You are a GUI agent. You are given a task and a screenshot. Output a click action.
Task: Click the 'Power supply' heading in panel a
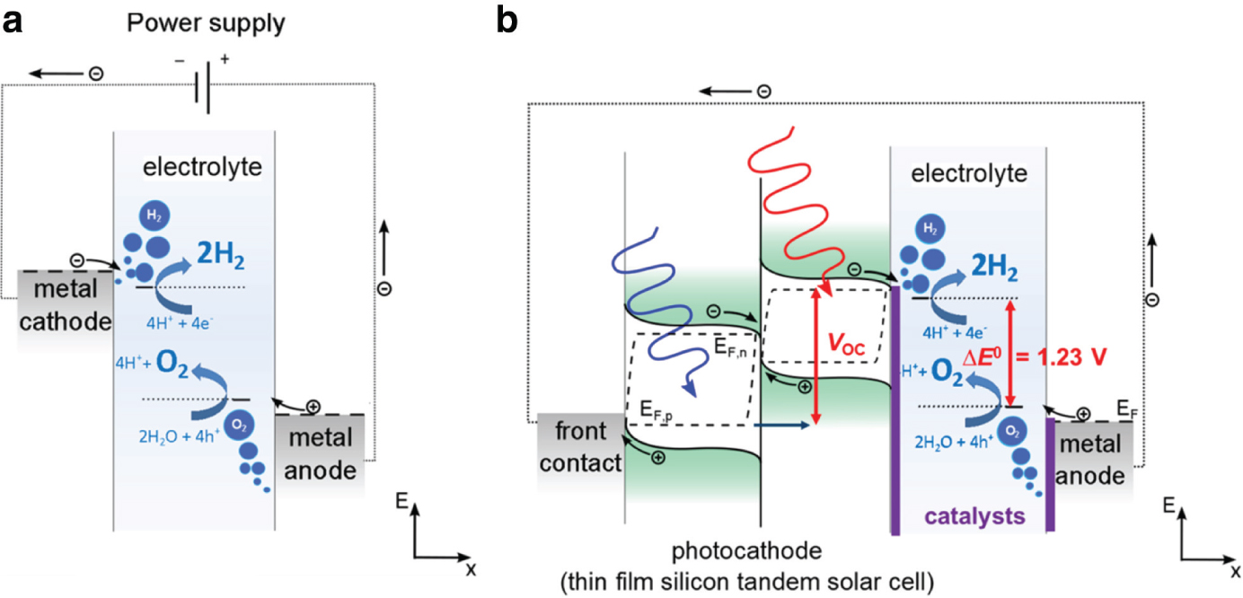tap(206, 24)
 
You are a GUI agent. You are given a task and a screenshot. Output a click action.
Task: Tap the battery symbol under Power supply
tap(203, 88)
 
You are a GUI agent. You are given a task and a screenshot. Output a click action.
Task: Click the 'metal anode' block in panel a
tap(321, 453)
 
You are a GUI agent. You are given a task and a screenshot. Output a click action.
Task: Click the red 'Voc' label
tap(846, 344)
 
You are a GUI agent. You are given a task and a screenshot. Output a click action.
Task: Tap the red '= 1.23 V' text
tap(1061, 356)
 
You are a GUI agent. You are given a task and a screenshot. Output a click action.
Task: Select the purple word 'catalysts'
tap(974, 516)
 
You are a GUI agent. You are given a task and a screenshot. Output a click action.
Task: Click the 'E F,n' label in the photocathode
tap(730, 347)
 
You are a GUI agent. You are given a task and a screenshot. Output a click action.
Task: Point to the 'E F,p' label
tap(656, 411)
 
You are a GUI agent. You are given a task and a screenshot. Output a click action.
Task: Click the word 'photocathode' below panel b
tap(746, 551)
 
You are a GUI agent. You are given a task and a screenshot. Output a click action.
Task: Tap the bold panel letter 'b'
tap(507, 21)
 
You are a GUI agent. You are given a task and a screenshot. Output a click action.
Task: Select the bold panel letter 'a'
tap(13, 23)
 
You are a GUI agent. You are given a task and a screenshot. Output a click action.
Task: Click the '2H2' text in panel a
tap(220, 255)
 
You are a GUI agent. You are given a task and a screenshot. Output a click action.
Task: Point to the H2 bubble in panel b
tap(930, 228)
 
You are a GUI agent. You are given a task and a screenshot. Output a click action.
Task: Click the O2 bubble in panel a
tap(239, 426)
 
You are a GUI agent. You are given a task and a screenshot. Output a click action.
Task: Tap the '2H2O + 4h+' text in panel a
tap(180, 436)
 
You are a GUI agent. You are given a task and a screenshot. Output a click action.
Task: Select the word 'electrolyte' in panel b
tap(969, 173)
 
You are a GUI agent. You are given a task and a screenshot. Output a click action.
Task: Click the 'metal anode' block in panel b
tap(1090, 460)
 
